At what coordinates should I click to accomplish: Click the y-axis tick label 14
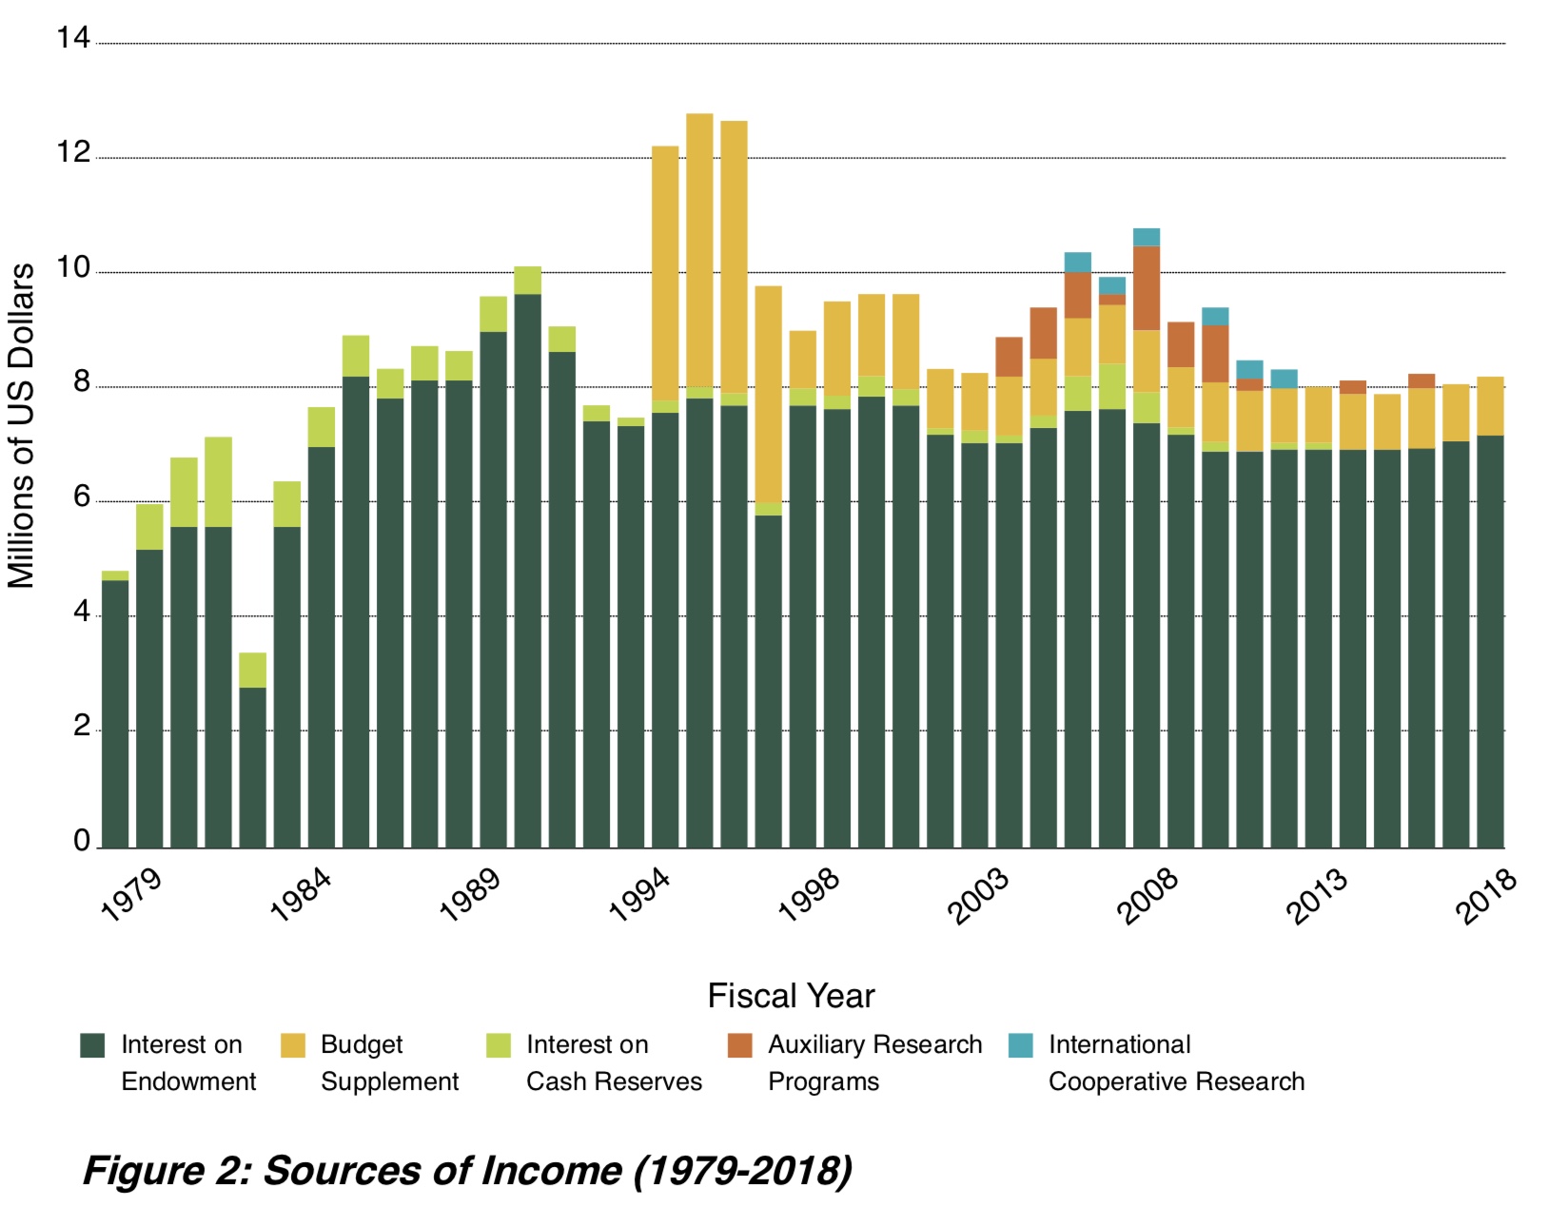point(72,38)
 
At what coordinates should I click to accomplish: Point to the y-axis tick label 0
point(82,841)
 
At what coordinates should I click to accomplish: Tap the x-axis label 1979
point(131,895)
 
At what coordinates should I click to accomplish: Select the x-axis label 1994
point(639,895)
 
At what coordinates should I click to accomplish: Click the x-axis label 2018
point(1484,895)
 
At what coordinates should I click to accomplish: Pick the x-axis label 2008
point(1147,895)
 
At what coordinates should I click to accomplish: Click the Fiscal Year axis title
point(791,996)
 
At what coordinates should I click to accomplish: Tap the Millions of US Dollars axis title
point(21,425)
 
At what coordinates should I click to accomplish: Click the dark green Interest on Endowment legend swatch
point(92,1045)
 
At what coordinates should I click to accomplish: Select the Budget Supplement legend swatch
point(293,1045)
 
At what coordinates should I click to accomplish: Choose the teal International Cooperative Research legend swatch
point(1021,1045)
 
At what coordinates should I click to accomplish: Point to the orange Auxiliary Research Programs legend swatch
point(739,1045)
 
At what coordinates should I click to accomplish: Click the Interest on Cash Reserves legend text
point(614,1062)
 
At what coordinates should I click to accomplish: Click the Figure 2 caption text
point(467,1170)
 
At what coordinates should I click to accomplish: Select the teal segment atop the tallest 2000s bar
point(1147,237)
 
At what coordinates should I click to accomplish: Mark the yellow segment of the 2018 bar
point(1490,406)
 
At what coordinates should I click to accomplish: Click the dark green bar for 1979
point(115,713)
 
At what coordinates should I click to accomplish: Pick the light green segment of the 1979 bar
point(115,575)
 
